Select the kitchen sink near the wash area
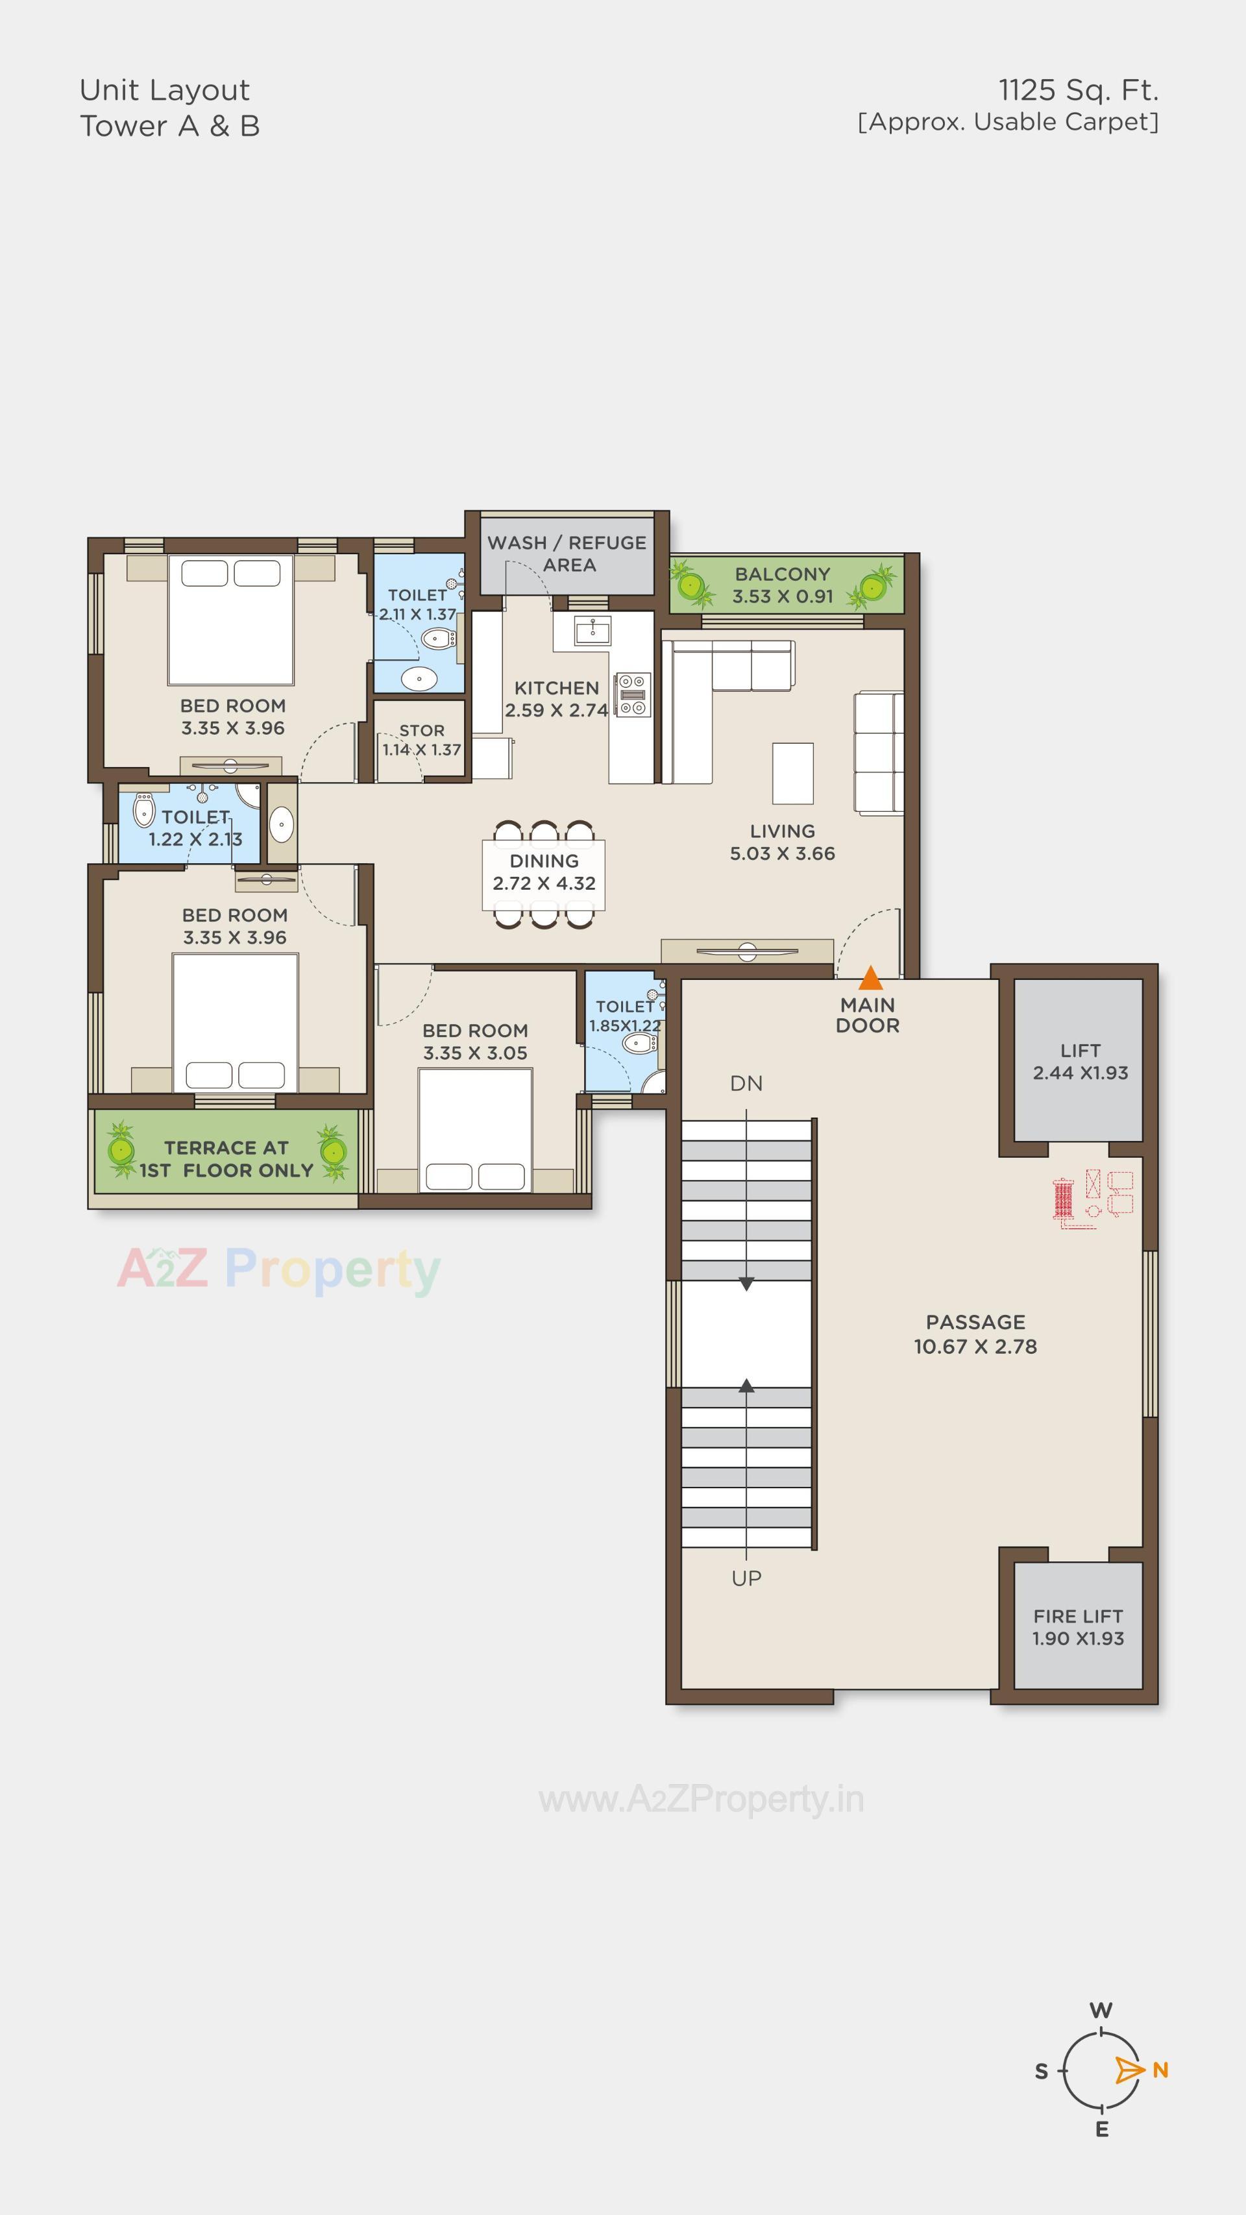click(x=592, y=631)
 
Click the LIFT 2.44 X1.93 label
click(x=1080, y=1061)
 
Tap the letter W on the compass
click(x=1101, y=2011)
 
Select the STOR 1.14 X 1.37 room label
click(x=421, y=739)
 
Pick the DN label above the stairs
click(x=746, y=1083)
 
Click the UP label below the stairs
click(x=746, y=1578)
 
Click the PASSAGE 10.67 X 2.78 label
click(x=975, y=1334)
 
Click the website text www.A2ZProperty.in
click(x=701, y=1799)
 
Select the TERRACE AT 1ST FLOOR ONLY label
click(x=226, y=1158)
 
